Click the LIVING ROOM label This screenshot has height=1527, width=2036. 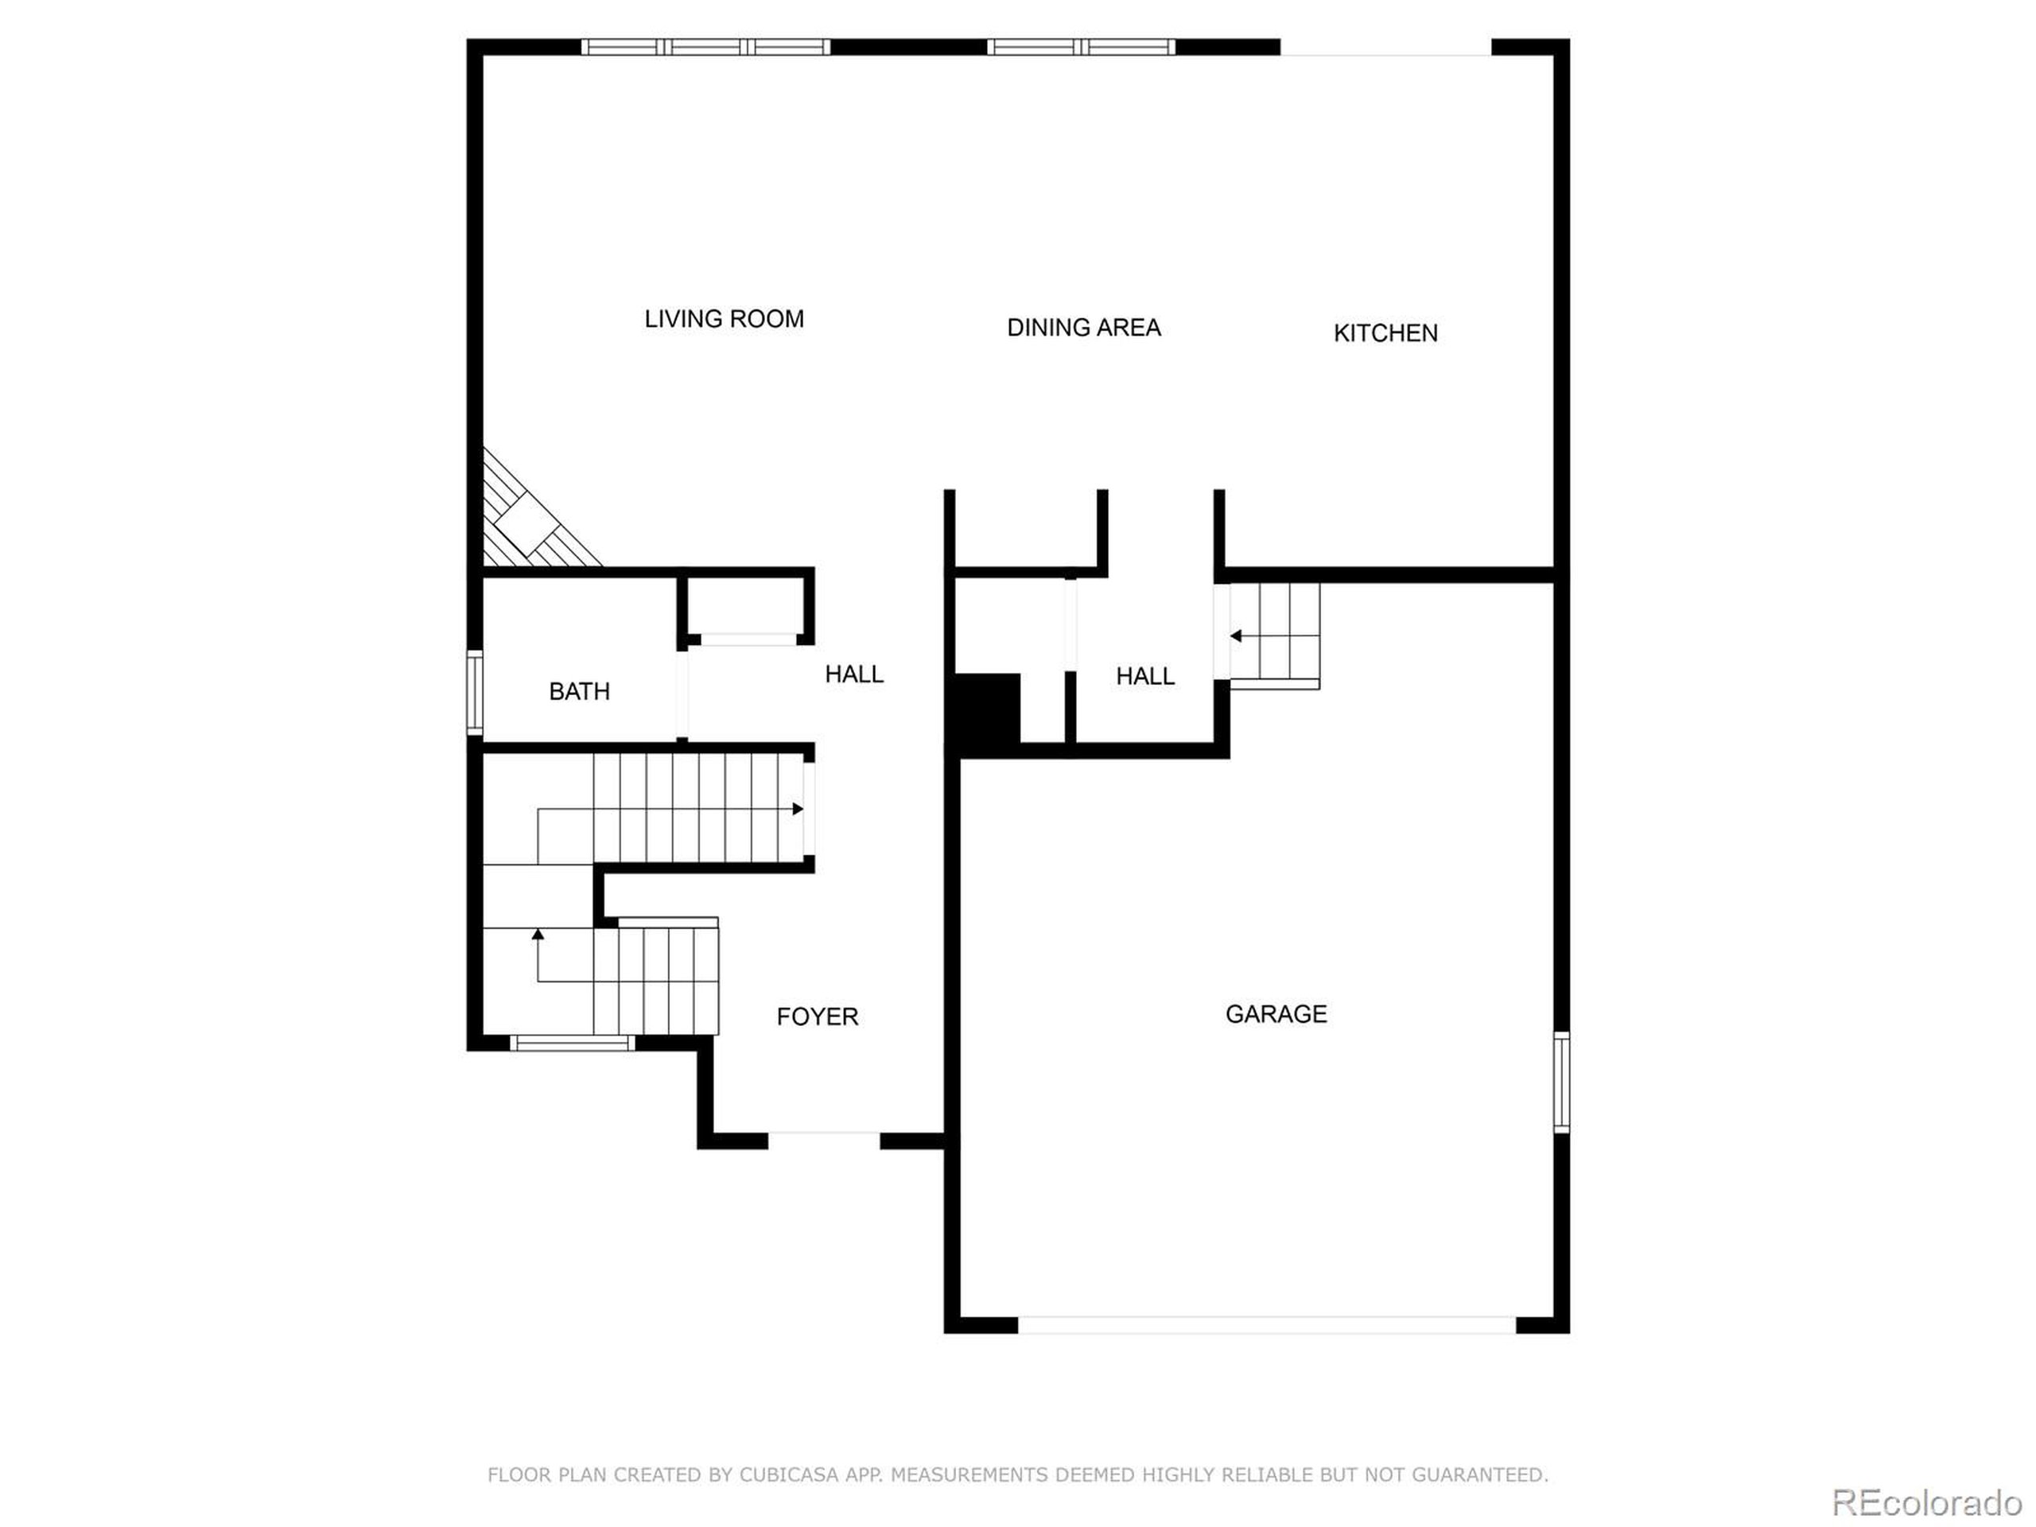point(724,320)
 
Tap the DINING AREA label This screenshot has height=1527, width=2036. point(1083,328)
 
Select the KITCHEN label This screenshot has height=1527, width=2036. point(1385,333)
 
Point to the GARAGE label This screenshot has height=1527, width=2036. point(1276,1014)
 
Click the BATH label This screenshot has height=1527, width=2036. point(579,691)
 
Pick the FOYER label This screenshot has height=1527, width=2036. point(818,1017)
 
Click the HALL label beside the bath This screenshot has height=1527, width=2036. point(854,674)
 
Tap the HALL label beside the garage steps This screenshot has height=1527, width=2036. point(1145,677)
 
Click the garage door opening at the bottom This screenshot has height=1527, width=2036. point(1265,1326)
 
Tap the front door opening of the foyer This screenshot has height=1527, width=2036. point(824,1141)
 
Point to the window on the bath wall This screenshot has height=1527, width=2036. point(475,692)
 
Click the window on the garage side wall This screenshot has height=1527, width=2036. point(1561,1082)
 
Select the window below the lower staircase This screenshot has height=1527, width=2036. point(572,1043)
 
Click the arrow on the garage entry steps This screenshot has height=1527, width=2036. point(1236,636)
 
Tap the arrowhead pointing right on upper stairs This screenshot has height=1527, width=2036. point(798,809)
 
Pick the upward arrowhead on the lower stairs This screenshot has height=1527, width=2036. point(538,934)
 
